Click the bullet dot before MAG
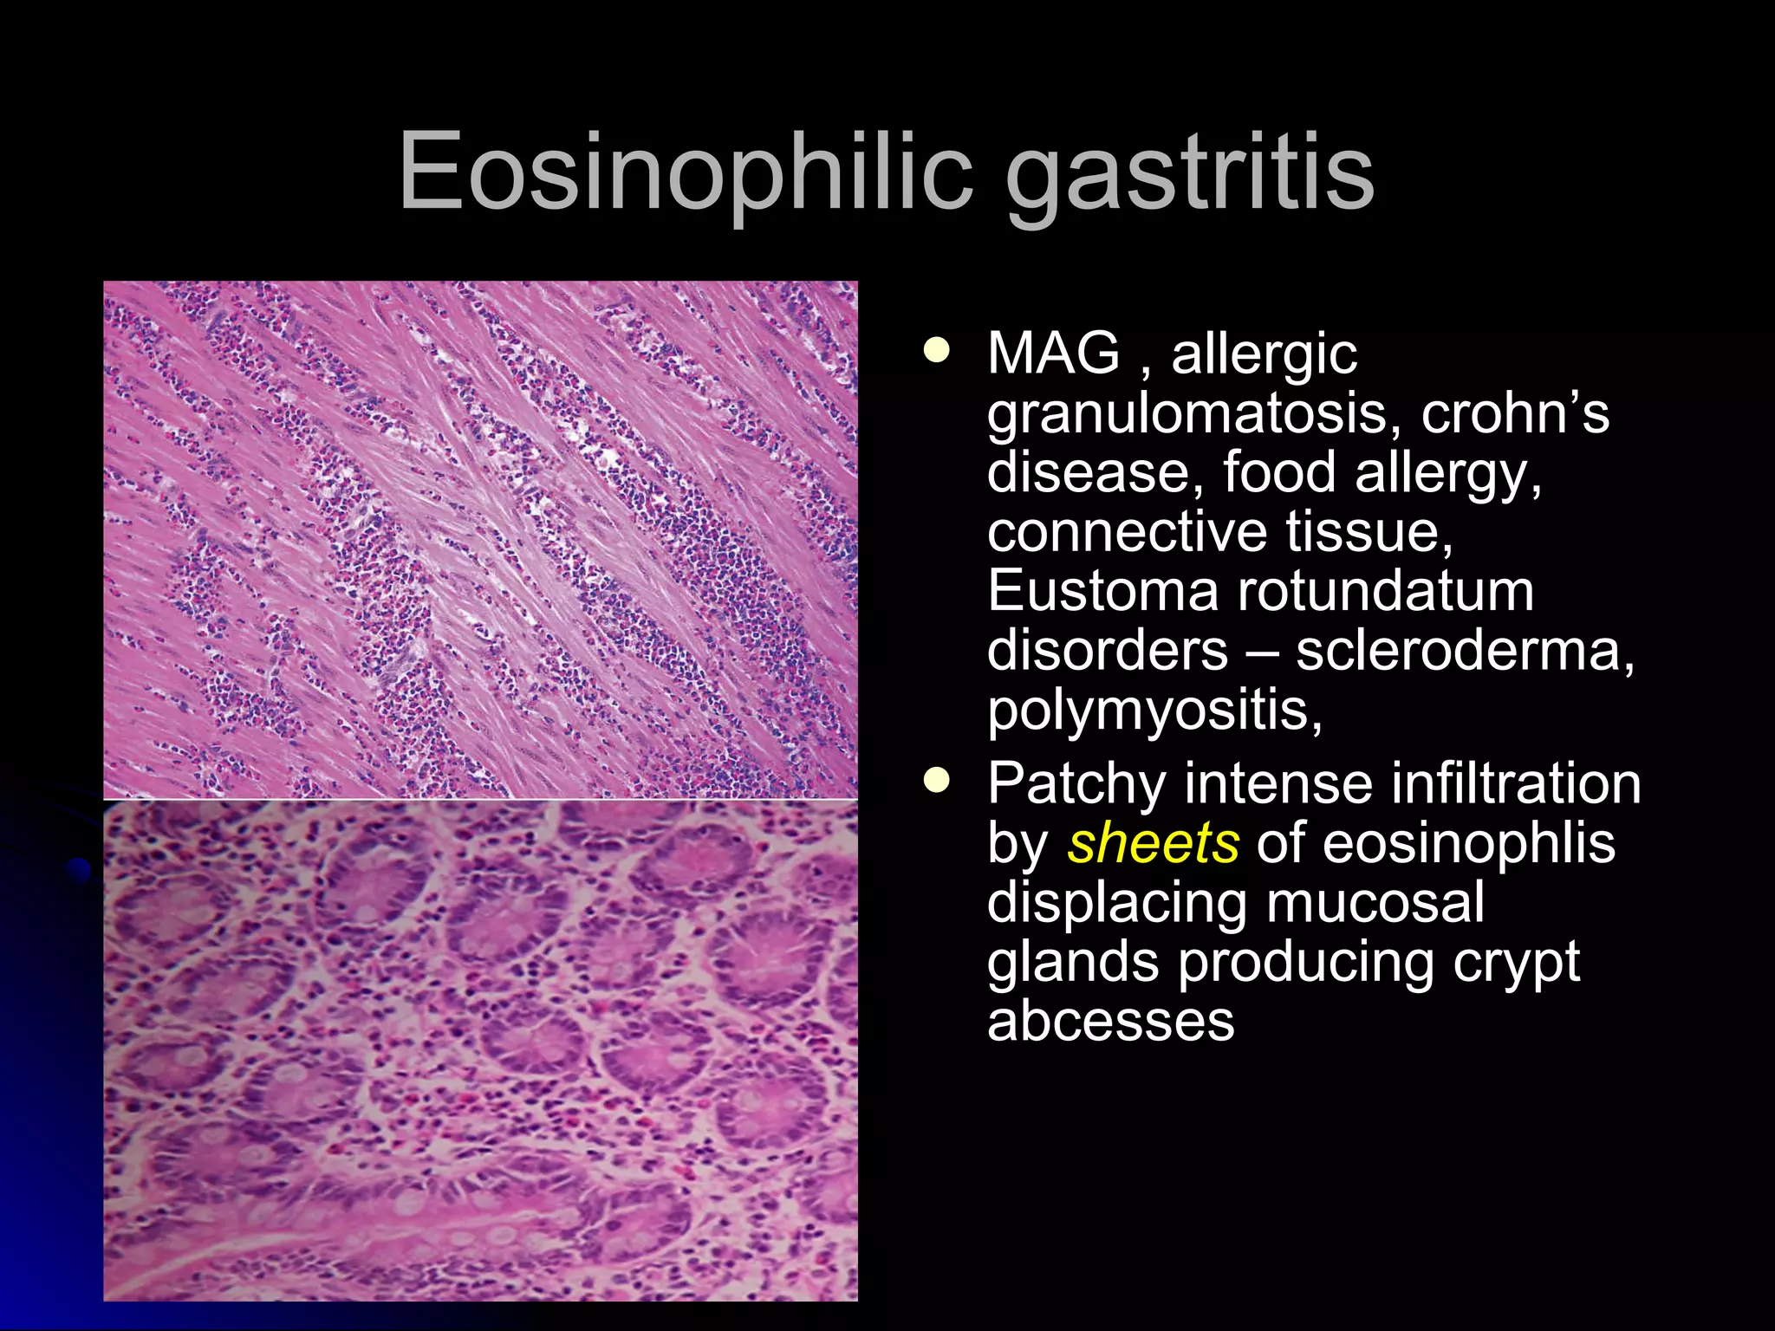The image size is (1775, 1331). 936,351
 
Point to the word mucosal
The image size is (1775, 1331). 1375,903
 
